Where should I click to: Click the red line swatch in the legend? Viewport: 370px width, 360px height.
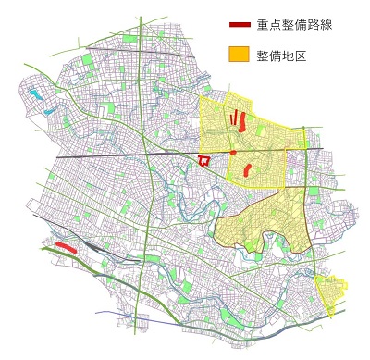240,25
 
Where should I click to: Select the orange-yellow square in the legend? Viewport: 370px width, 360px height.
240,56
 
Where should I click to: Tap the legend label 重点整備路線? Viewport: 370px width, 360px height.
294,25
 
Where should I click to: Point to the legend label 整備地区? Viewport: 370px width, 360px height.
281,56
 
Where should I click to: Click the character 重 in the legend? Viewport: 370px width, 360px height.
264,25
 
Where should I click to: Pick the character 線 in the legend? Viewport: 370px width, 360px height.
325,25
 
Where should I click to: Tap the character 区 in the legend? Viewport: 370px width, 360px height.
300,56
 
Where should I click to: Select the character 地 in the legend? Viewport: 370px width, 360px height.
288,56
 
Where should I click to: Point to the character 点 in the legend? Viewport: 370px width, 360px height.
276,25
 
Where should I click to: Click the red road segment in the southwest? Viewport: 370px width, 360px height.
65,246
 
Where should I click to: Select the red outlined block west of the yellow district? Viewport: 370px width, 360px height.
204,161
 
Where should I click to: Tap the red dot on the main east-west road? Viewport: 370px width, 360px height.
234,152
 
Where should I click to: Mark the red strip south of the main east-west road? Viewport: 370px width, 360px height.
247,169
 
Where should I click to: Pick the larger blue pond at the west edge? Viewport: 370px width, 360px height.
36,93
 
